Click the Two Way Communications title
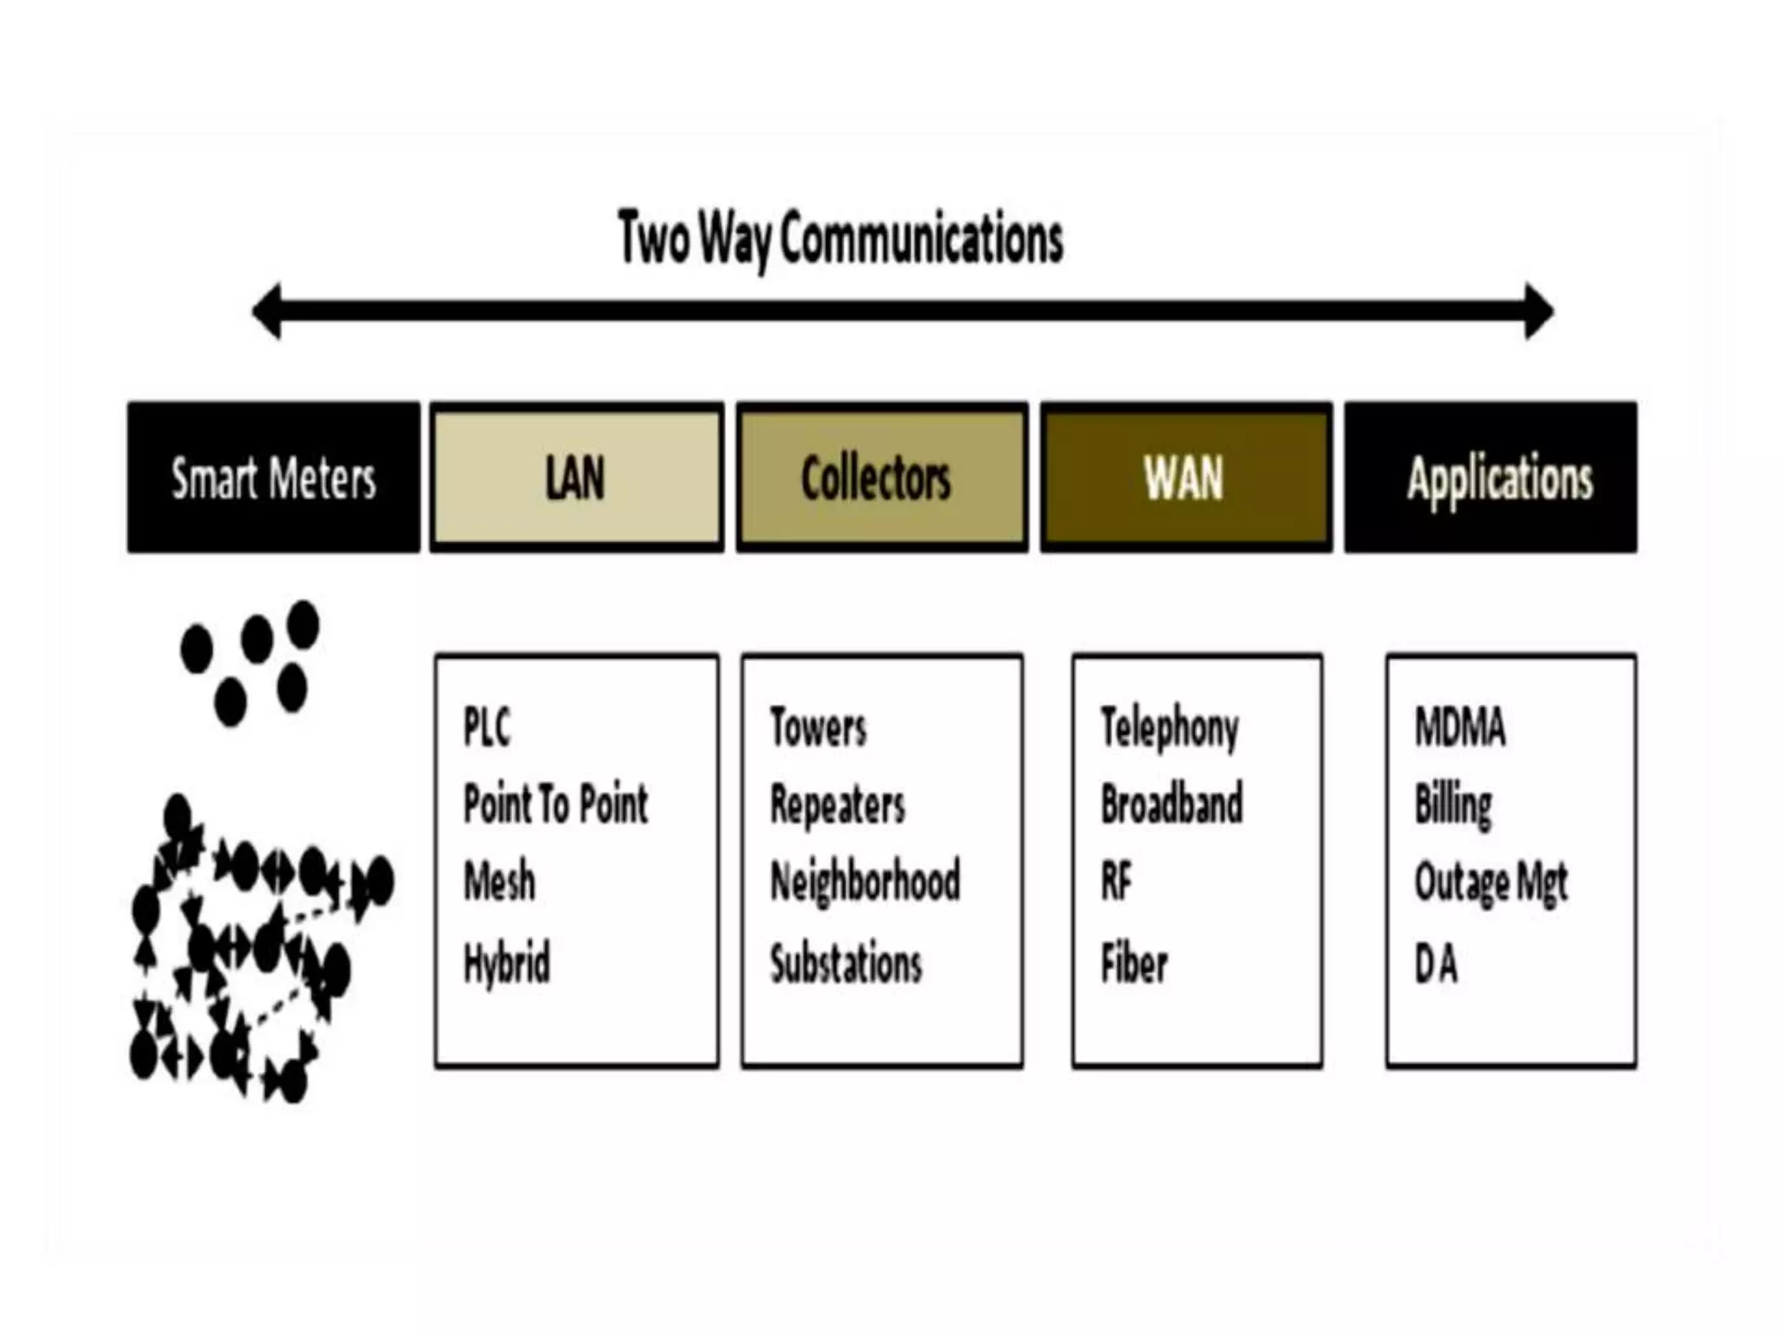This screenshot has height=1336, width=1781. [x=840, y=238]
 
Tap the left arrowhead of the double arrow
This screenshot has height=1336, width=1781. [x=269, y=311]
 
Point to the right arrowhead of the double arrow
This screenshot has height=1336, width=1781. [x=1538, y=311]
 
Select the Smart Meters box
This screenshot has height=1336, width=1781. [x=273, y=478]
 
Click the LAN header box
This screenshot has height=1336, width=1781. [x=576, y=478]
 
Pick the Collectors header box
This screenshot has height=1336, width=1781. [x=881, y=478]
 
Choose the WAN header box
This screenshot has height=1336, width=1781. [x=1185, y=478]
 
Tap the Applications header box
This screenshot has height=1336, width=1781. [x=1491, y=478]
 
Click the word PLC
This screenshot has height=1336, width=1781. [x=487, y=727]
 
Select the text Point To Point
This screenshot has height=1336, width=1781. [x=556, y=804]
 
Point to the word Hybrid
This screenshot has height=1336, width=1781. [x=507, y=964]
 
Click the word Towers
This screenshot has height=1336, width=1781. [x=818, y=727]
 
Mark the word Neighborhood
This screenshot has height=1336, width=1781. [x=865, y=882]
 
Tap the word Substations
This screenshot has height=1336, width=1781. [x=846, y=964]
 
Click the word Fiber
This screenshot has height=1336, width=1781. [x=1134, y=964]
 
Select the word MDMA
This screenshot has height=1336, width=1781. [x=1459, y=727]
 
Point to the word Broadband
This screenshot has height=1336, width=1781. [x=1171, y=804]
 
